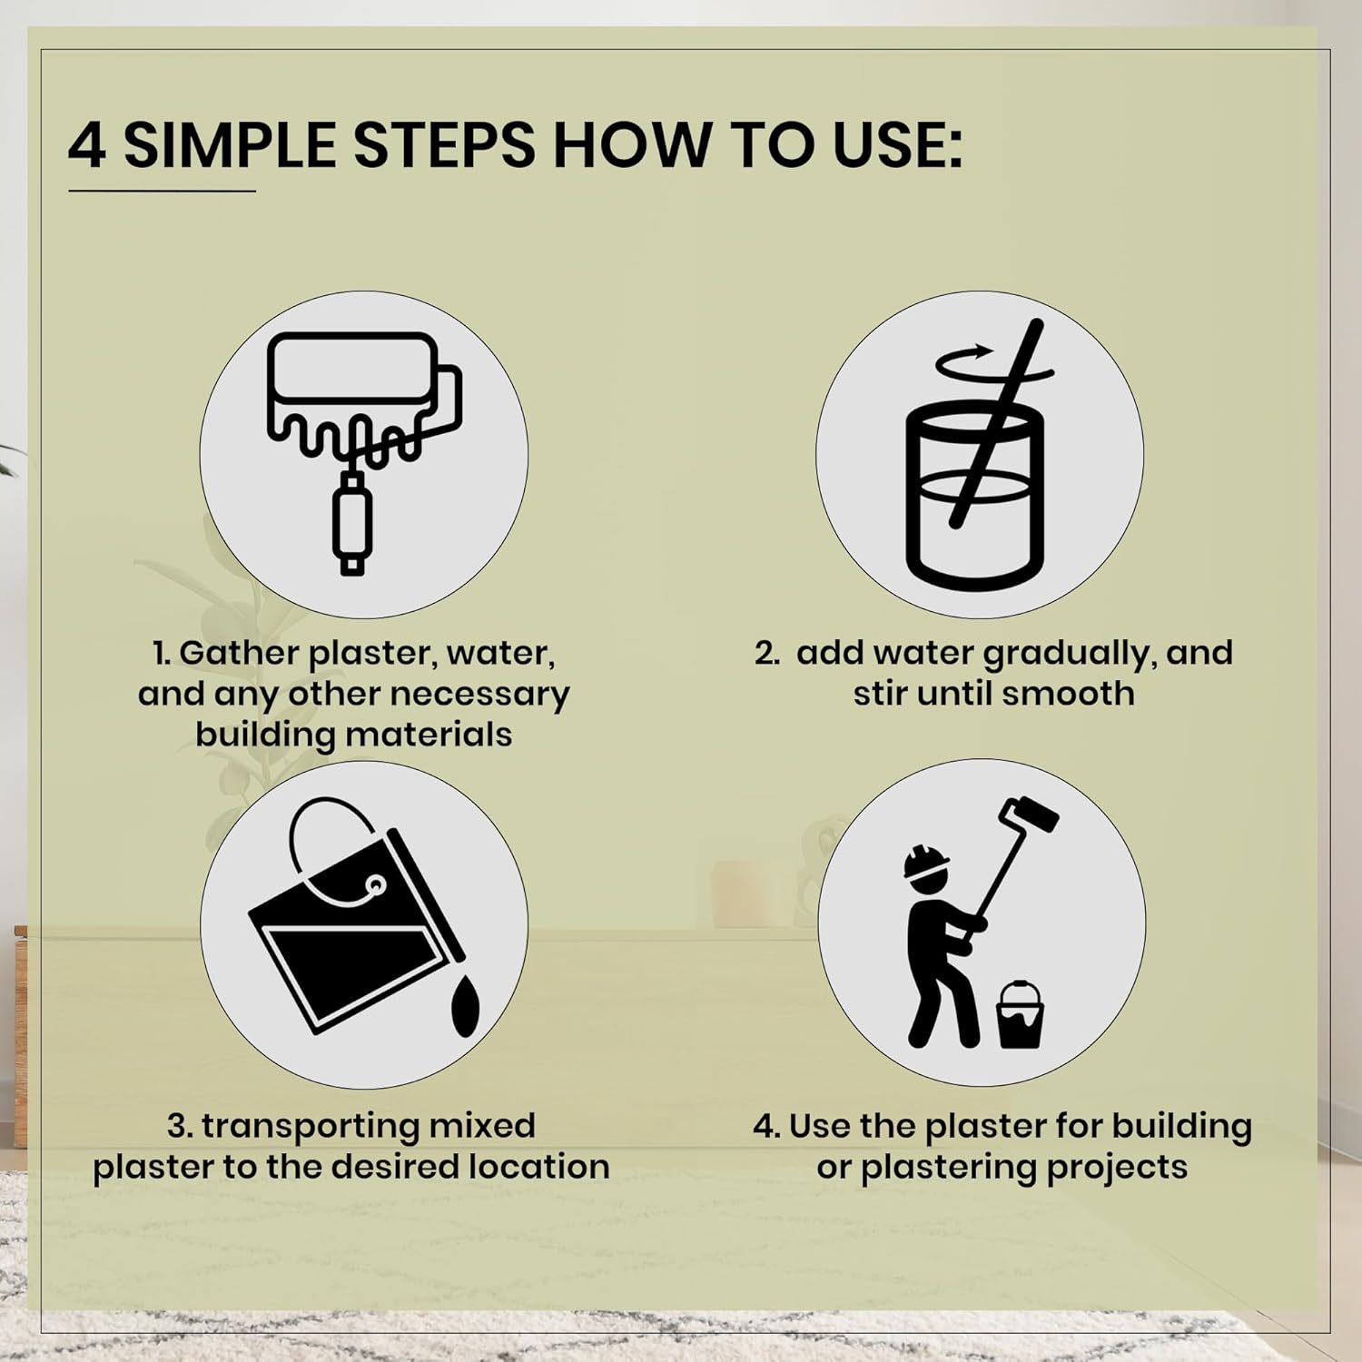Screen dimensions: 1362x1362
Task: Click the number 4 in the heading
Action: point(87,145)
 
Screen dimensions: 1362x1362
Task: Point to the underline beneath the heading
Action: point(162,191)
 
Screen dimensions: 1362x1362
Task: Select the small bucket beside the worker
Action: point(1021,1014)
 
